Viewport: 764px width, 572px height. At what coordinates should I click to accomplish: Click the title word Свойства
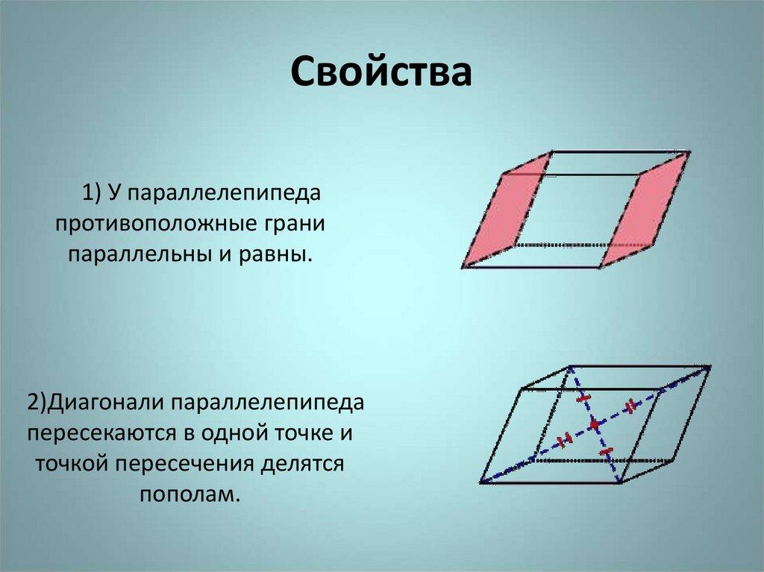(381, 74)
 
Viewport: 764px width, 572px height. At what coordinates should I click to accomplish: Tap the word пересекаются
(103, 434)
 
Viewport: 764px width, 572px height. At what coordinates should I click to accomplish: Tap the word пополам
(190, 495)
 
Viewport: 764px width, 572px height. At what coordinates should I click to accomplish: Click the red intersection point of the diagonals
(594, 425)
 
